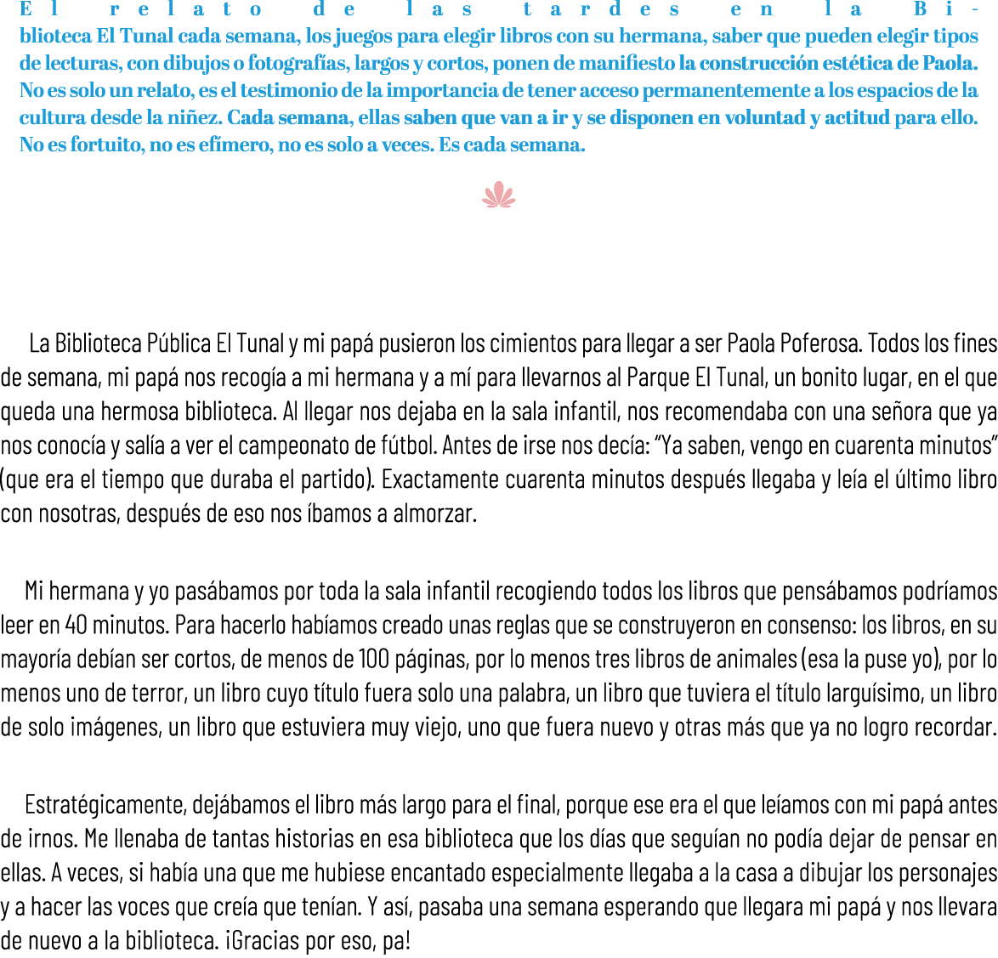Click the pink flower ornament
tap(499, 196)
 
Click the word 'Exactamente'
tap(434, 480)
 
